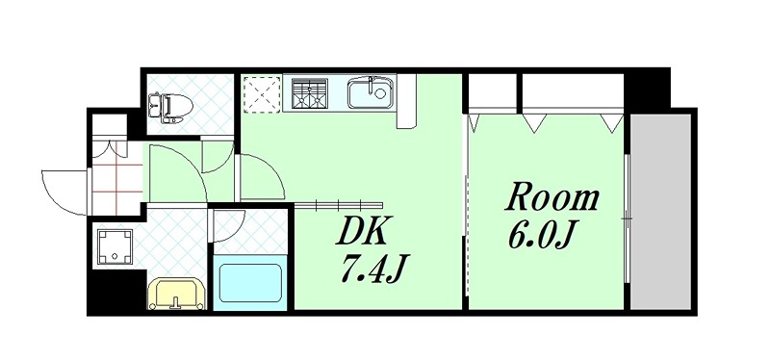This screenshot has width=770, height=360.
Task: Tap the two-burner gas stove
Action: [310, 93]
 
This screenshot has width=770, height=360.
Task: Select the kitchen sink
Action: [369, 94]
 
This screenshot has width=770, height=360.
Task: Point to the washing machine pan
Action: [117, 248]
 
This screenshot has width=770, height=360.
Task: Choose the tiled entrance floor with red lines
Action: [116, 177]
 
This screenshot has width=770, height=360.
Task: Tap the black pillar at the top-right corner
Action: [647, 89]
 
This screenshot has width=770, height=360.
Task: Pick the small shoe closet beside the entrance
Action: [110, 128]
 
